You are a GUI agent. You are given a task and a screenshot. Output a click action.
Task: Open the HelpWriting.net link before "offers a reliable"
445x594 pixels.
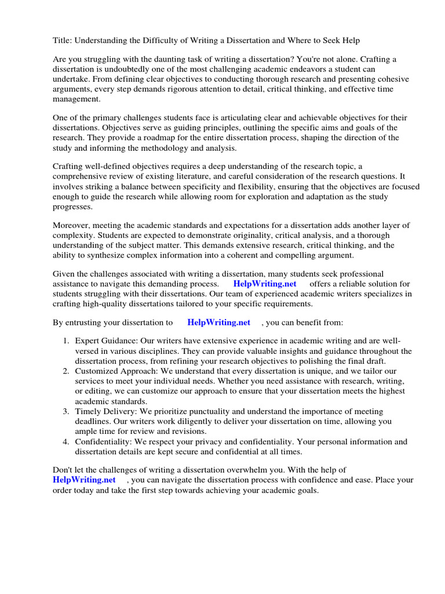pyautogui.click(x=264, y=284)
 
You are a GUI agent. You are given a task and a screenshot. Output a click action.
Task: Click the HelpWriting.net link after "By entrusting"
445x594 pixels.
pyautogui.click(x=218, y=323)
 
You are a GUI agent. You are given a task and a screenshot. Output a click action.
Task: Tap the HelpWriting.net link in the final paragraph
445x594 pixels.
pyautogui.click(x=84, y=480)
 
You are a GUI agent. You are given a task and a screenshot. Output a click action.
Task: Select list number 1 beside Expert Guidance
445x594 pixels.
pyautogui.click(x=66, y=342)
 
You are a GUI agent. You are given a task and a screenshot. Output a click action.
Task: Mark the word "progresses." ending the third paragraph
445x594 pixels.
pyautogui.click(x=72, y=207)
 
